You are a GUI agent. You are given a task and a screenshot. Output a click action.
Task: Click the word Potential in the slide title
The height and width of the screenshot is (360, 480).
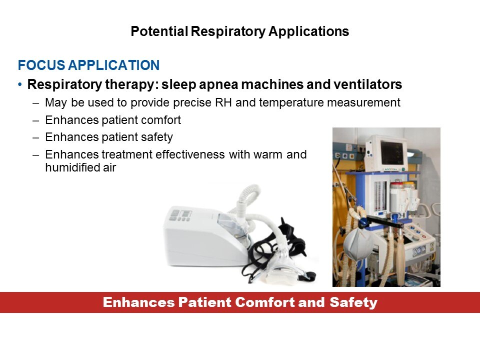coord(159,31)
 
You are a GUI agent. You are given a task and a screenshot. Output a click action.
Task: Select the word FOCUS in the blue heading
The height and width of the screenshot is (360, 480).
coord(41,65)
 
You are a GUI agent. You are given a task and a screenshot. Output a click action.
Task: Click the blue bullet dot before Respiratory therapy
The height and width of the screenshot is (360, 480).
coord(20,84)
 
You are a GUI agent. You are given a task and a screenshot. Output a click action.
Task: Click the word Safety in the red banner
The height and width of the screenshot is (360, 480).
coord(353,303)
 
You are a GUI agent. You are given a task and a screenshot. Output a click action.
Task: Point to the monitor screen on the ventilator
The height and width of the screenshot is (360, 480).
coord(391,152)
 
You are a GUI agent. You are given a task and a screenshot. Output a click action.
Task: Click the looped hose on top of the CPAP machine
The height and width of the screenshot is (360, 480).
coord(248,196)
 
